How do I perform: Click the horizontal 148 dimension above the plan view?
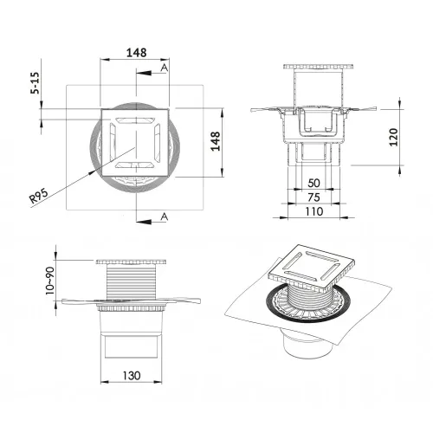coord(135,51)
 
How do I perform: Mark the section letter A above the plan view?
coord(165,68)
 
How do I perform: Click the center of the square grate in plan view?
coord(137,140)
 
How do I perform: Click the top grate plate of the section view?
coord(314,68)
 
